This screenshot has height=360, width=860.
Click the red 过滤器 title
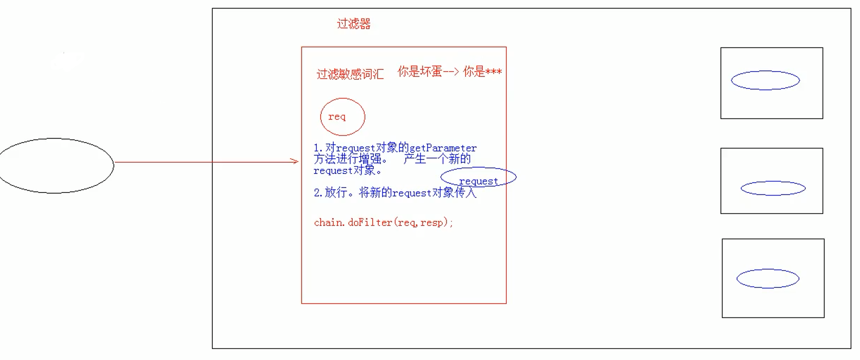[x=354, y=24]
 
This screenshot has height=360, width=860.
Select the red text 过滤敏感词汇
[x=350, y=74]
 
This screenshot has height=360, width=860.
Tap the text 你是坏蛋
[x=420, y=72]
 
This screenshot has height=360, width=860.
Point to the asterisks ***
[x=493, y=72]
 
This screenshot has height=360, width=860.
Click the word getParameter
[x=443, y=148]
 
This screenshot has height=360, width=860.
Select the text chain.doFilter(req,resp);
[x=383, y=222]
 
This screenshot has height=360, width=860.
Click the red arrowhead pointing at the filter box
[x=295, y=161]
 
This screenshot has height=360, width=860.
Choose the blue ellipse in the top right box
[x=765, y=80]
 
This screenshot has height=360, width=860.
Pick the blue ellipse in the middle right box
[x=773, y=188]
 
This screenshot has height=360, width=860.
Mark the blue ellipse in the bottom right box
[x=768, y=278]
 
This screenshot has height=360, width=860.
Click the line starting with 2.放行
[x=395, y=192]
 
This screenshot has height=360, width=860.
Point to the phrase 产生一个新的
[x=437, y=159]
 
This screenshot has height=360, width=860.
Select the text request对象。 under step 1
[x=348, y=170]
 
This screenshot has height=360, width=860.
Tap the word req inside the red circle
[x=337, y=116]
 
